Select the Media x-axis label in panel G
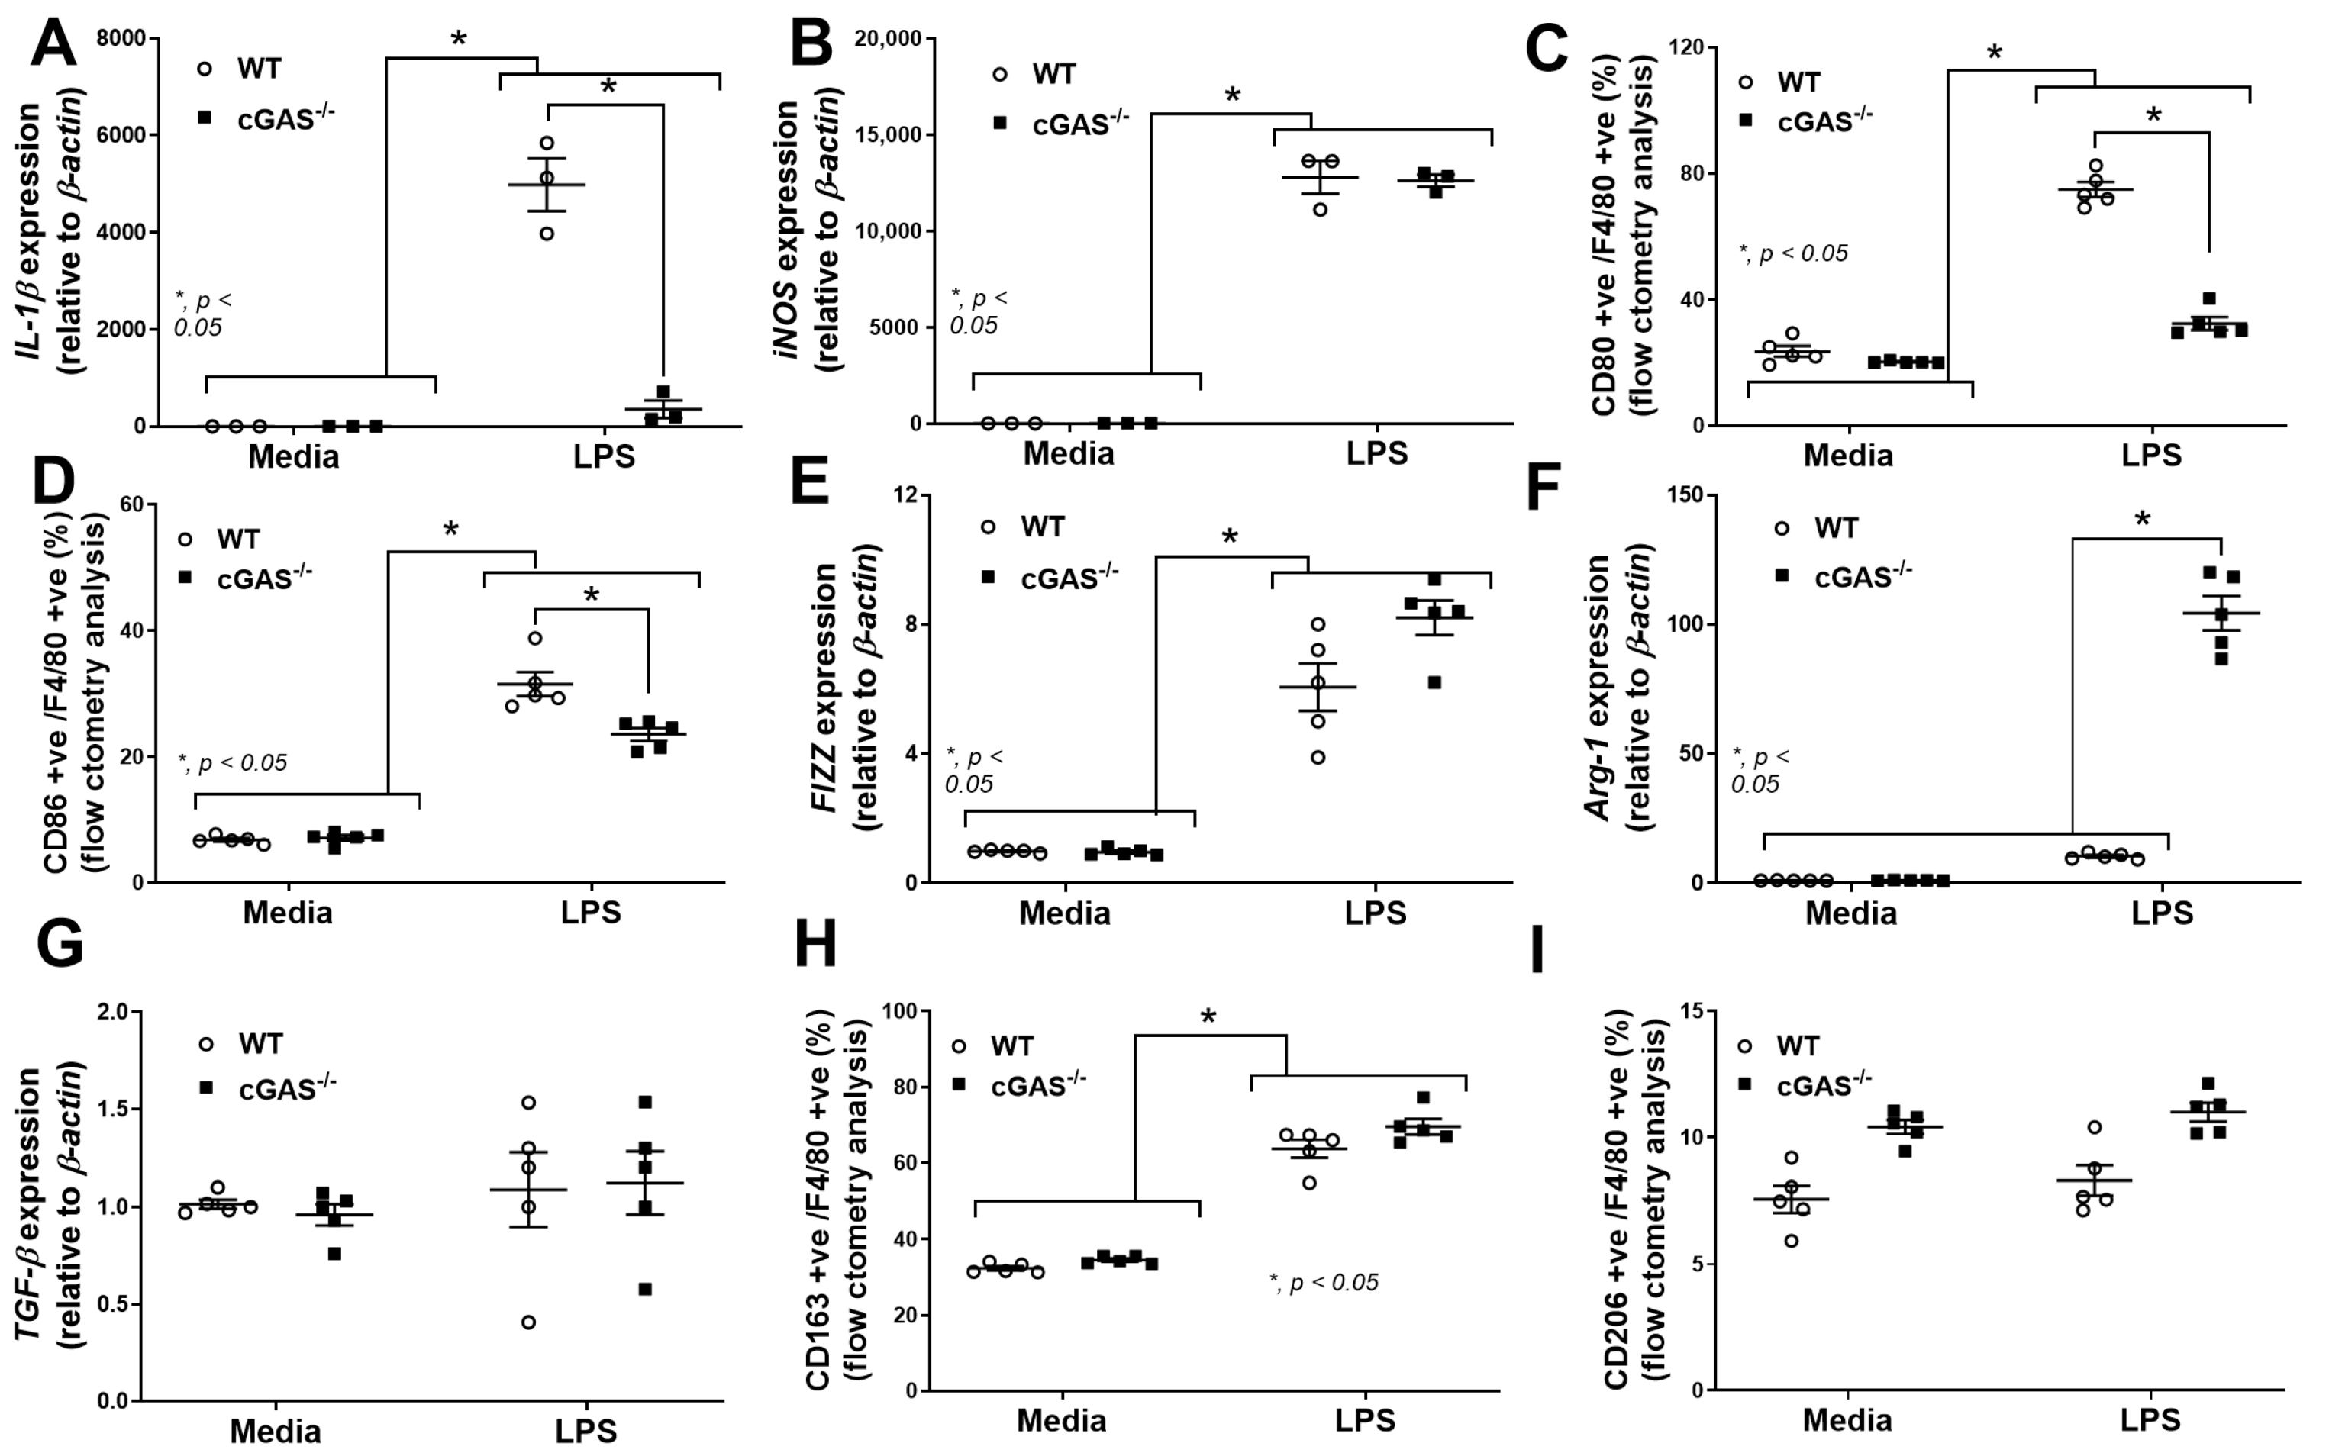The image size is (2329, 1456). point(276,1429)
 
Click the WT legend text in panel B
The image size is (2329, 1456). point(1053,74)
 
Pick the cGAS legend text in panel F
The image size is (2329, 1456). point(1862,576)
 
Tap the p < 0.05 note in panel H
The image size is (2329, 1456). point(1324,1283)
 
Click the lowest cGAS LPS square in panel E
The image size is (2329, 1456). point(1435,683)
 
